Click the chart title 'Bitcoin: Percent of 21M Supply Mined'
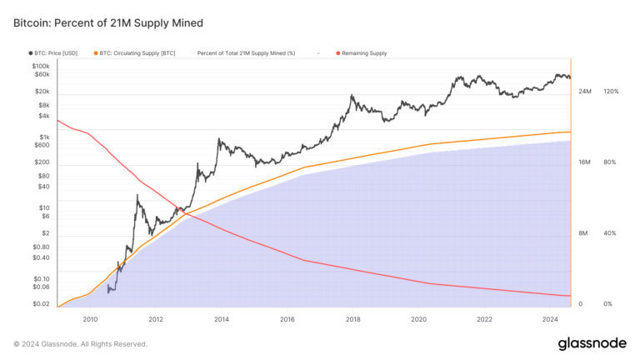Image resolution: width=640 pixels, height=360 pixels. click(x=107, y=22)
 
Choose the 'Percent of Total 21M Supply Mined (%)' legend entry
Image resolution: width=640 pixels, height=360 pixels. click(x=246, y=52)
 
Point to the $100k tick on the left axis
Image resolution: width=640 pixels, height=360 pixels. click(x=42, y=65)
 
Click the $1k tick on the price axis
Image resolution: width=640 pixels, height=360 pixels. click(x=45, y=137)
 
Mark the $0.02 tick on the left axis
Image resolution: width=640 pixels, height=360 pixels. click(x=42, y=304)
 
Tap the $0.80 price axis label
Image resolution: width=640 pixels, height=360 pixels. click(x=42, y=247)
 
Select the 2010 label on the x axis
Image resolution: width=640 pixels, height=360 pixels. click(x=90, y=318)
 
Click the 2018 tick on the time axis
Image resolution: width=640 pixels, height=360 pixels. click(x=352, y=318)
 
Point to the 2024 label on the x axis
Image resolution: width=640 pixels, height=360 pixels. click(x=549, y=318)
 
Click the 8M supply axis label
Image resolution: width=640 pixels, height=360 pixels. click(x=584, y=233)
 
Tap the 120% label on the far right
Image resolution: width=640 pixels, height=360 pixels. click(x=610, y=91)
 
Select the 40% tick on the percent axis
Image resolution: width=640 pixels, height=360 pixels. click(x=610, y=233)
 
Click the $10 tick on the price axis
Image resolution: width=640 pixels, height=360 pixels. click(x=45, y=207)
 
